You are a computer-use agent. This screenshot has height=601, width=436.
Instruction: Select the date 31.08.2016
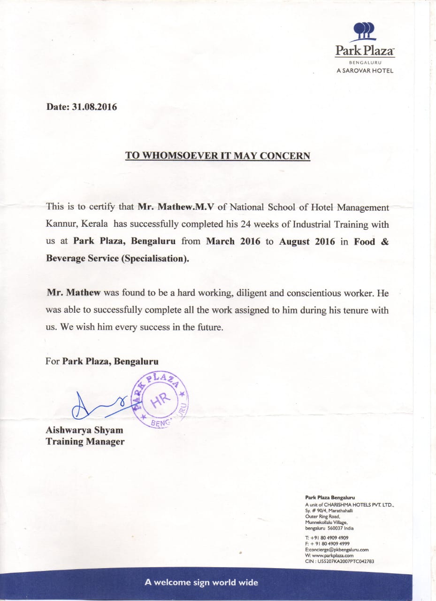point(94,107)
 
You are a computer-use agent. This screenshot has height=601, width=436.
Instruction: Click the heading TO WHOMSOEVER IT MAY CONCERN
point(218,155)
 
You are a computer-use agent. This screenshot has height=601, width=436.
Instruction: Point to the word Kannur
point(61,224)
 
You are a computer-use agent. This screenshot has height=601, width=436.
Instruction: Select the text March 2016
point(233,241)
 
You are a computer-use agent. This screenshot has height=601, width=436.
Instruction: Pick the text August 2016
point(307,241)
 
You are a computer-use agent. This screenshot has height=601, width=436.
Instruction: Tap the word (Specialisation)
point(155,259)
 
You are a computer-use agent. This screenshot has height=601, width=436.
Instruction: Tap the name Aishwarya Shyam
point(84,430)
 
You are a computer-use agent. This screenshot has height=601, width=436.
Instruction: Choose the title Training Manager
point(85,441)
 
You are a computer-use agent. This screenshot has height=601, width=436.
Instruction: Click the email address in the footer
point(337,549)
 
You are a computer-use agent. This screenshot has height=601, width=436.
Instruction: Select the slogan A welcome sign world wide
point(201,583)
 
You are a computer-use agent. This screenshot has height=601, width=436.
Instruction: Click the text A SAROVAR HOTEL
point(365,71)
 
